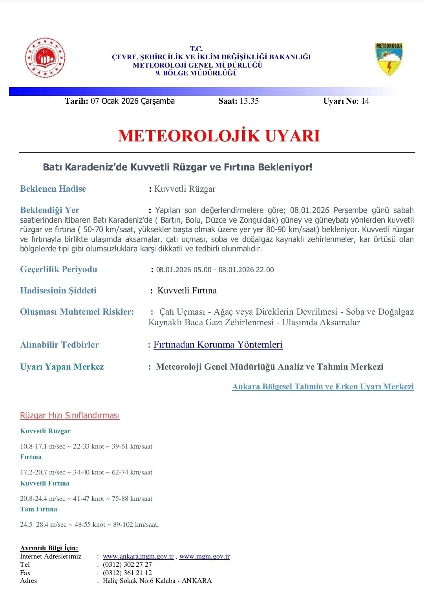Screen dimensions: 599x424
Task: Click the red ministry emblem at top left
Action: click(x=45, y=58)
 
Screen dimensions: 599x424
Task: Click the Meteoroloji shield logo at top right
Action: click(x=389, y=59)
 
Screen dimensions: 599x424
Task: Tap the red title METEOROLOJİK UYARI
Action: click(x=219, y=136)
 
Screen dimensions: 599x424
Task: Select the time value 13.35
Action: click(x=249, y=101)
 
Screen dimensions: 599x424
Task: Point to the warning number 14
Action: click(x=365, y=101)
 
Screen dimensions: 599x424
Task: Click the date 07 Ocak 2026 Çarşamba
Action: click(x=132, y=101)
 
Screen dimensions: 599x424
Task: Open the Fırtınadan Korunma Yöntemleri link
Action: click(x=218, y=344)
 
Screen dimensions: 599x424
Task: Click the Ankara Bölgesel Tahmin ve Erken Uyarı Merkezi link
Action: click(x=323, y=387)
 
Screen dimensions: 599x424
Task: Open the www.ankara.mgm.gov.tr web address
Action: click(x=138, y=556)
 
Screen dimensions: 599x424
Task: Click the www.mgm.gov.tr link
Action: click(x=204, y=556)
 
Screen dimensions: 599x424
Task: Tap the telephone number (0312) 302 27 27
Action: click(x=127, y=564)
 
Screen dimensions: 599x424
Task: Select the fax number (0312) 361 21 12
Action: click(x=127, y=573)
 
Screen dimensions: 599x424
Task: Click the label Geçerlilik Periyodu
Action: click(x=58, y=269)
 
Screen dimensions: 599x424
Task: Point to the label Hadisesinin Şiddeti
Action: click(x=58, y=291)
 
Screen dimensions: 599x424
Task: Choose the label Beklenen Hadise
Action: click(x=53, y=189)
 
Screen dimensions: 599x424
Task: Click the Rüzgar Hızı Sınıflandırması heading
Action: click(x=70, y=416)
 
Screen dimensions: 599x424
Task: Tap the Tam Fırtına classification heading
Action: click(x=39, y=509)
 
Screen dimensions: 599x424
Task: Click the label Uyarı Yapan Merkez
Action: click(x=62, y=367)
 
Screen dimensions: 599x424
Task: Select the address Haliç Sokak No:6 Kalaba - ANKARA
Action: click(x=157, y=581)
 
